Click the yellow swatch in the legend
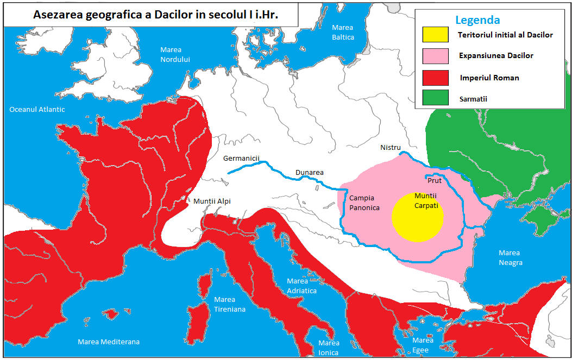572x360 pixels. click(x=435, y=34)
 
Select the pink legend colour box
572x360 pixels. click(x=435, y=56)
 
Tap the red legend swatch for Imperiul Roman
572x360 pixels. click(x=435, y=78)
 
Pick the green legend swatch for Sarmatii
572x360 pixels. click(x=435, y=98)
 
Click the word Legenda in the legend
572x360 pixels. click(x=477, y=20)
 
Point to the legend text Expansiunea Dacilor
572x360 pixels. click(x=496, y=56)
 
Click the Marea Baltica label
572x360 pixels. click(x=342, y=33)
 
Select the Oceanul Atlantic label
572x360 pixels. click(x=37, y=110)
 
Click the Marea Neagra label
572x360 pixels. click(x=510, y=258)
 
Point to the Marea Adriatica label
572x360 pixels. click(x=301, y=286)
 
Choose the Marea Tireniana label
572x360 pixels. click(x=229, y=304)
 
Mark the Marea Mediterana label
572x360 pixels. click(x=109, y=342)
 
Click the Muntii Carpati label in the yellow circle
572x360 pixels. click(x=426, y=200)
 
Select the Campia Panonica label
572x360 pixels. click(x=364, y=203)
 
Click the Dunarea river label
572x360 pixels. click(x=309, y=173)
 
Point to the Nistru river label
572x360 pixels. click(x=390, y=148)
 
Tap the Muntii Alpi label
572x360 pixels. click(x=212, y=201)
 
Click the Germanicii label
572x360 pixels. click(x=242, y=159)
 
